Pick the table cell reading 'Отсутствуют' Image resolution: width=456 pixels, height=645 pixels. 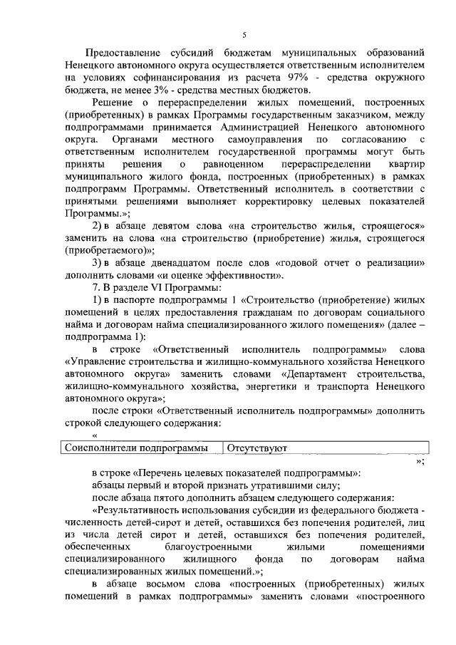pyautogui.click(x=256, y=448)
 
